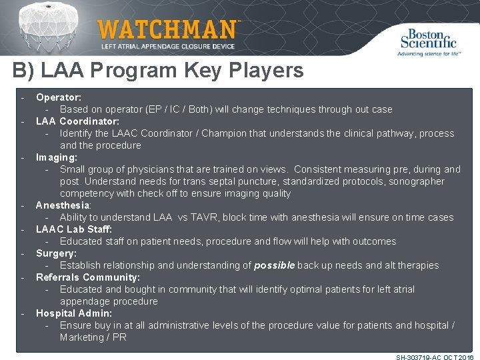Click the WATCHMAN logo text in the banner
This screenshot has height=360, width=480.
pos(167,30)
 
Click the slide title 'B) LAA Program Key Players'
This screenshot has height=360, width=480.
pos(158,70)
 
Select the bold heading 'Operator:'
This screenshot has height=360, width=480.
pos(59,97)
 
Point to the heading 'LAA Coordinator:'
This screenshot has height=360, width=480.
pos(77,121)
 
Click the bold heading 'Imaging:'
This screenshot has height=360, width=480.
pos(57,157)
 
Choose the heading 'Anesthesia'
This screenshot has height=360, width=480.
pos(63,205)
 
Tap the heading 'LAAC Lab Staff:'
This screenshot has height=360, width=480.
pos(73,229)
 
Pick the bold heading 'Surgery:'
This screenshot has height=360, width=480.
pos(56,253)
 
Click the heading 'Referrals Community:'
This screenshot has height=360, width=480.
pos(88,277)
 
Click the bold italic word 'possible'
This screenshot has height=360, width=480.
pos(275,265)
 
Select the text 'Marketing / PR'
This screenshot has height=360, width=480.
pos(93,337)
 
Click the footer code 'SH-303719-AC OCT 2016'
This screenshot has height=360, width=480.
pos(435,357)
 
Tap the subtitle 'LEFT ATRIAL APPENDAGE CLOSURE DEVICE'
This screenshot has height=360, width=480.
pos(168,47)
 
